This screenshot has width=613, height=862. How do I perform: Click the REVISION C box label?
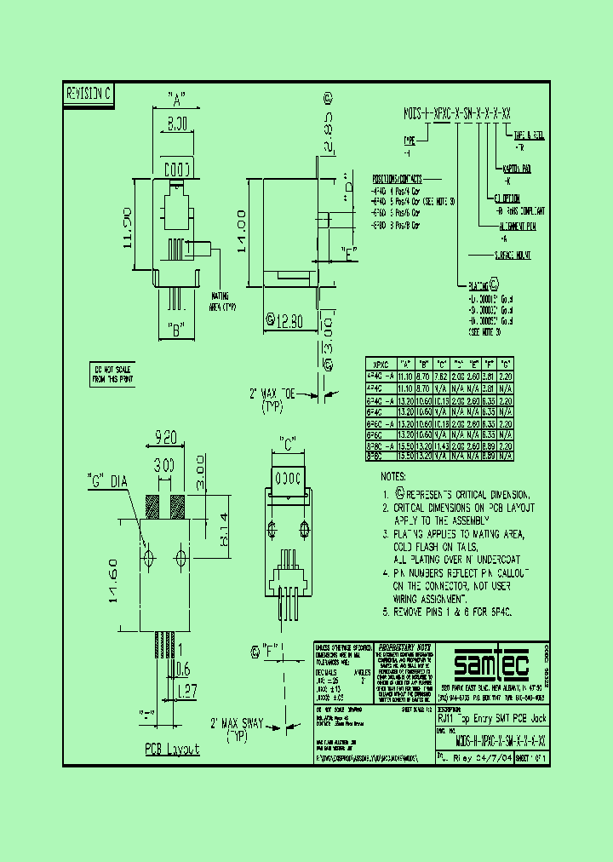click(x=89, y=95)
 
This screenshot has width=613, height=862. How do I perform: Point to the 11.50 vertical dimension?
click(x=128, y=227)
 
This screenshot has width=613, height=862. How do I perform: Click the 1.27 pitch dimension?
click(x=187, y=692)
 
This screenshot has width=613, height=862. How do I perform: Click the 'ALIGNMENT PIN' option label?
click(x=522, y=227)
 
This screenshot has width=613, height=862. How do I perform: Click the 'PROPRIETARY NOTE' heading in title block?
click(x=398, y=646)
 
